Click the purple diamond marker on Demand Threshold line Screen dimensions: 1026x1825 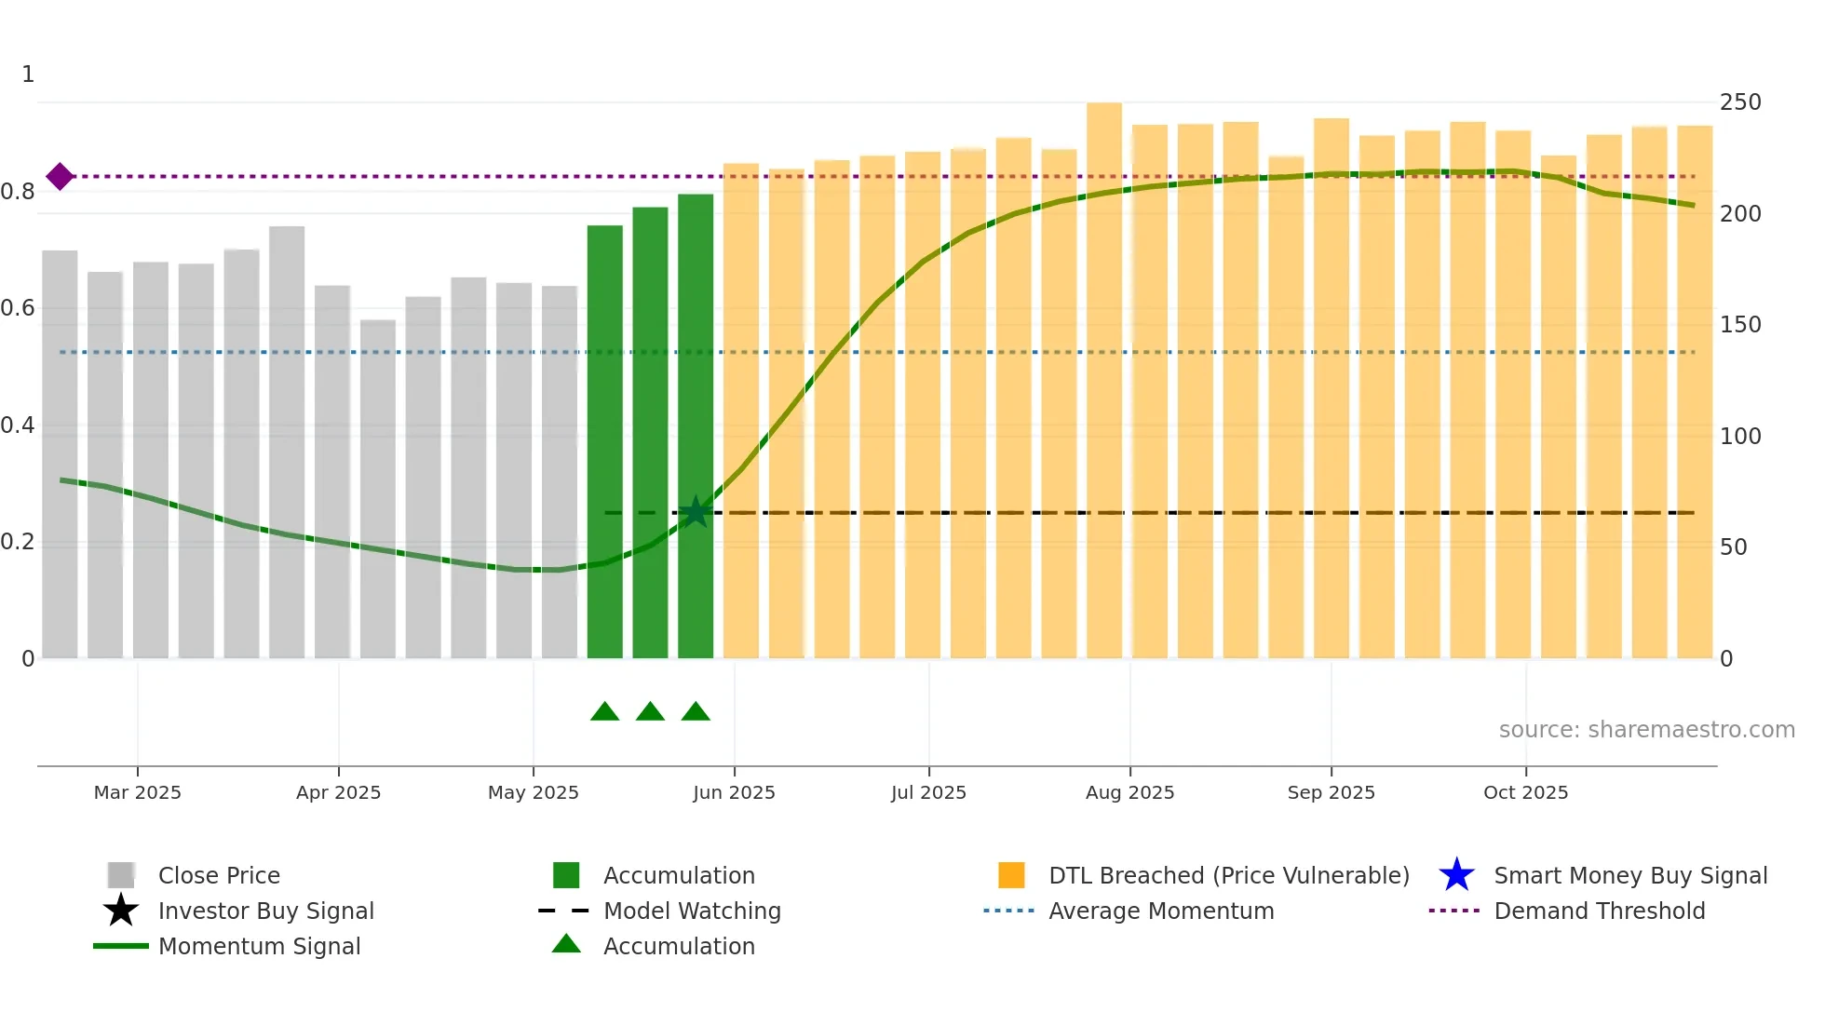pos(60,176)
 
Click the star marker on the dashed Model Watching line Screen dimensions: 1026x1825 pos(696,512)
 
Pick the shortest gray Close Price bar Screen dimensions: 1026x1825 pos(378,489)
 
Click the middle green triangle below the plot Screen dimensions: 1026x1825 pos(650,712)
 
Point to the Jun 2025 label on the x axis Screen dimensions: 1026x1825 pos(734,792)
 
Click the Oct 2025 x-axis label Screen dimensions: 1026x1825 pos(1525,792)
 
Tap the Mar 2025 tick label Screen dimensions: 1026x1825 pos(138,792)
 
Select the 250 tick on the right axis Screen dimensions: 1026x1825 pos(1739,102)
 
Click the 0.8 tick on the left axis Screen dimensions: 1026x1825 pos(19,192)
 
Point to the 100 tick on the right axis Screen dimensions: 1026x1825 pos(1739,436)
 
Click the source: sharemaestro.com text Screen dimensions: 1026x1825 pos(1646,730)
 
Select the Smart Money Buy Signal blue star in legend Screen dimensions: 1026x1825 pos(1456,875)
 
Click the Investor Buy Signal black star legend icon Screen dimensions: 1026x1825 pos(121,911)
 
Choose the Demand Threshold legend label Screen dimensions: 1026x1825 pos(1599,911)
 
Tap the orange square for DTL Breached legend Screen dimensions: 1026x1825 pos(1011,875)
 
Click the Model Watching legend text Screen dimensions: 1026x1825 pos(692,911)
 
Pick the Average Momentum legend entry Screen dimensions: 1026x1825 pos(1160,911)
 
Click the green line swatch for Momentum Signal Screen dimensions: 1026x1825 pos(121,946)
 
